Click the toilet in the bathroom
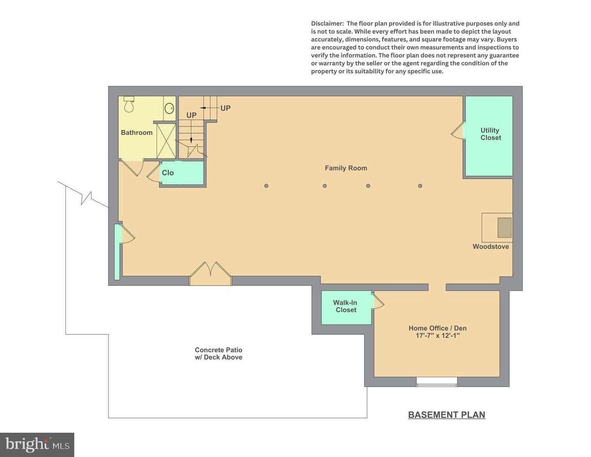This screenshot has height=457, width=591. pyautogui.click(x=129, y=104)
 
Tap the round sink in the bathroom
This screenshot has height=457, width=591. pyautogui.click(x=170, y=108)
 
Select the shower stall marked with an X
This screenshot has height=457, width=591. pyautogui.click(x=166, y=141)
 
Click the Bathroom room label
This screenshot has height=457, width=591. pyautogui.click(x=137, y=133)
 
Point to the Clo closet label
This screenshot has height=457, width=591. pyautogui.click(x=168, y=173)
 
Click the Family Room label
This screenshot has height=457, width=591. pyautogui.click(x=346, y=168)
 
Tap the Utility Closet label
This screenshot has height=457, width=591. pyautogui.click(x=490, y=134)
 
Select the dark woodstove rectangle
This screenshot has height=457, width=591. pyautogui.click(x=504, y=227)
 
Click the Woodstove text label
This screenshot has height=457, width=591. pyautogui.click(x=490, y=247)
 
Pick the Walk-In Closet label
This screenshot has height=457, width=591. pyautogui.click(x=346, y=306)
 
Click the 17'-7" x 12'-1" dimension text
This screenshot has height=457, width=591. pyautogui.click(x=438, y=335)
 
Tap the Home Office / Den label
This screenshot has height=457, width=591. pyautogui.click(x=438, y=328)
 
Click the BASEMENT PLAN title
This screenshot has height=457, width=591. pyautogui.click(x=447, y=415)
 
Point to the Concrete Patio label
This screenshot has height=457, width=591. pyautogui.click(x=218, y=350)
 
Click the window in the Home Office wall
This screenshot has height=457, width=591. pyautogui.click(x=437, y=382)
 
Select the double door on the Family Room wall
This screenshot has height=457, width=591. pyautogui.click(x=211, y=274)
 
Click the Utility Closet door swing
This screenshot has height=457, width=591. pyautogui.click(x=458, y=131)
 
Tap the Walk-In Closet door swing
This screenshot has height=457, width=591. pyautogui.click(x=378, y=301)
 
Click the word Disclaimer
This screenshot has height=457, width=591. pyautogui.click(x=328, y=23)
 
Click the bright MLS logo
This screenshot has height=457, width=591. pyautogui.click(x=37, y=445)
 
